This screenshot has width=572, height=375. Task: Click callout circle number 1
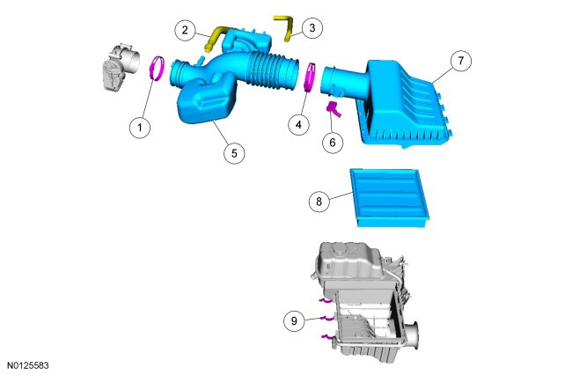(x=140, y=128)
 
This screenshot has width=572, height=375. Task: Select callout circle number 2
(x=185, y=30)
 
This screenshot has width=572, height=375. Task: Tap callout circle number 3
(x=312, y=27)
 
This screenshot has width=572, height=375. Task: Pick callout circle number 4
(x=299, y=125)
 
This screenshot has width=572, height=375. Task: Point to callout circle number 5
(x=234, y=153)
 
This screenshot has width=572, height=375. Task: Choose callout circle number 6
(x=333, y=143)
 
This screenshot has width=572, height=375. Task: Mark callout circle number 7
(x=461, y=61)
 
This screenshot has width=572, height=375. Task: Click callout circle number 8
(x=319, y=201)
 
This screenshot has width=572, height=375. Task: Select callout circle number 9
(x=294, y=321)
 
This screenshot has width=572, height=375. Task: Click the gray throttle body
(x=121, y=67)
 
